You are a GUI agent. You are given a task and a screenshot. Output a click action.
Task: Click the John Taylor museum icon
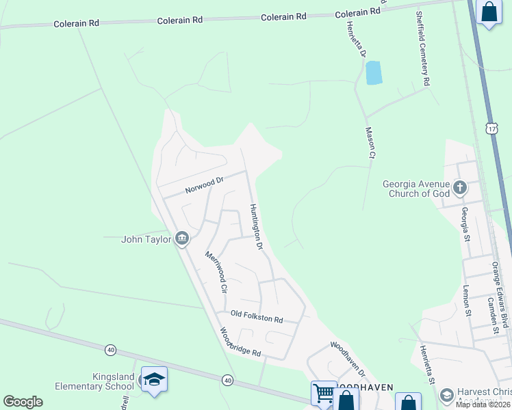pyautogui.click(x=182, y=238)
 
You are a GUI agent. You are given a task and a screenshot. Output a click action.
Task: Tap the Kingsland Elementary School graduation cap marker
pyautogui.click(x=153, y=380)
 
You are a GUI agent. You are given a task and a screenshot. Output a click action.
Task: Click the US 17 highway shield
pyautogui.click(x=491, y=128)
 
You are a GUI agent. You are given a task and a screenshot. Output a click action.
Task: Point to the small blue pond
pyautogui.click(x=373, y=72)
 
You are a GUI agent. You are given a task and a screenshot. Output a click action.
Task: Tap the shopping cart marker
pyautogui.click(x=324, y=393)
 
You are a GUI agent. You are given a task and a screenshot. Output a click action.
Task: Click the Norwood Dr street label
pyautogui.click(x=205, y=185)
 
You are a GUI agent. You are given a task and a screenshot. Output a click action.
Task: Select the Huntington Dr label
pyautogui.click(x=256, y=228)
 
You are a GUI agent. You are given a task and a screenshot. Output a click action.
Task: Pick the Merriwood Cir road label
pyautogui.click(x=216, y=271)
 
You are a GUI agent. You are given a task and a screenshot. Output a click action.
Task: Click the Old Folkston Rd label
pyautogui.click(x=257, y=316)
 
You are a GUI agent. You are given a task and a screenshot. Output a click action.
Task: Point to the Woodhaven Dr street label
pyautogui.click(x=348, y=359)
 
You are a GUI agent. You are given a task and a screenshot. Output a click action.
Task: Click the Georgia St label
pyautogui.click(x=465, y=224)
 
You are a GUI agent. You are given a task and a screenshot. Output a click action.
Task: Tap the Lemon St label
pyautogui.click(x=468, y=301)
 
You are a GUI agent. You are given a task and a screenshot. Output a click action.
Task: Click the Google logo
pyautogui.click(x=23, y=402)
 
